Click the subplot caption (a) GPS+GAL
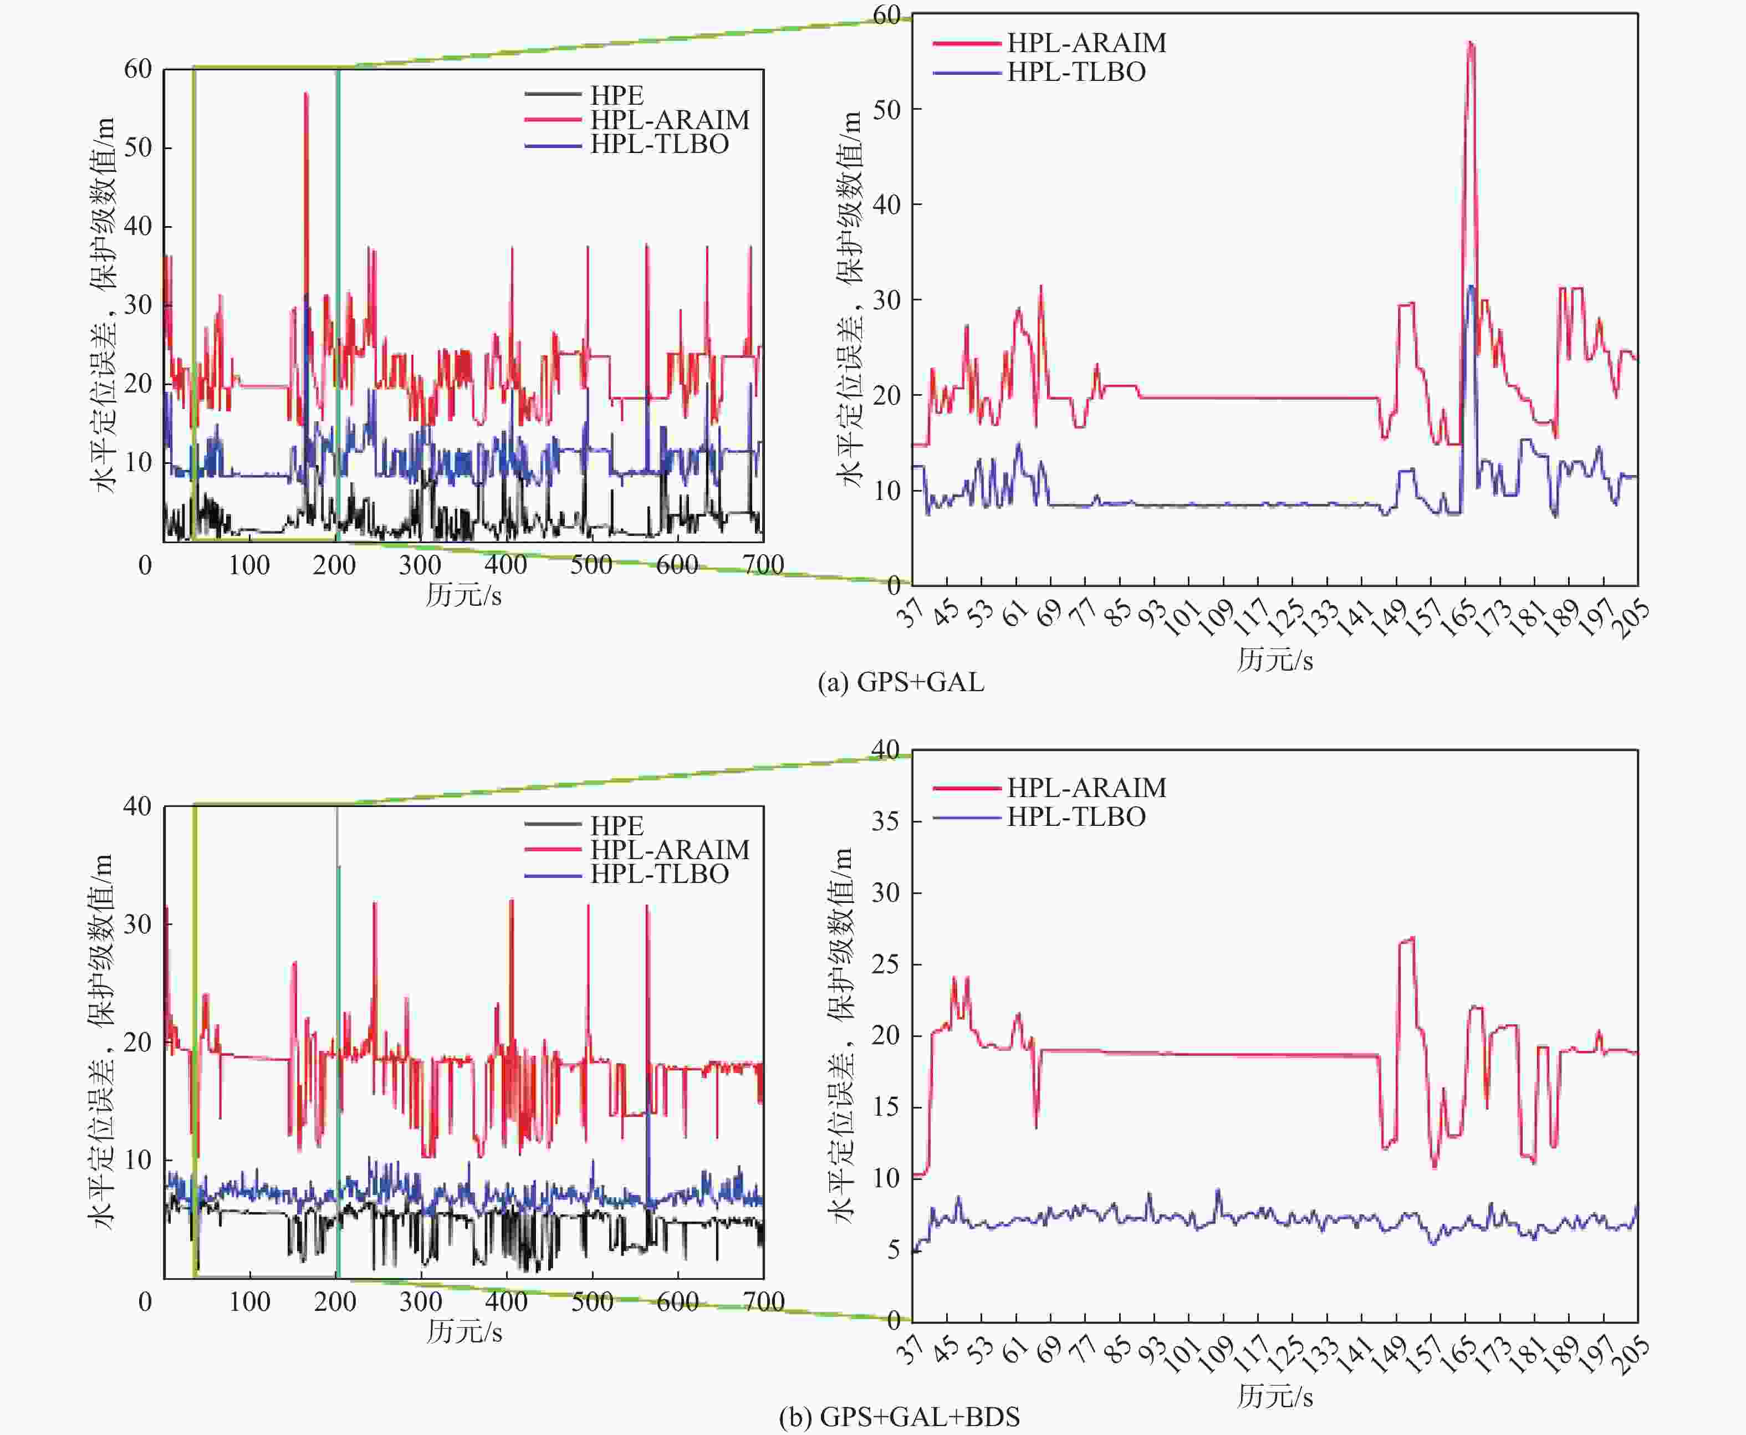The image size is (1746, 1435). click(900, 682)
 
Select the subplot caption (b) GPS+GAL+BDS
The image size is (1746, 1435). click(898, 1417)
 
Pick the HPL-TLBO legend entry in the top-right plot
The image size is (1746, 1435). click(1075, 73)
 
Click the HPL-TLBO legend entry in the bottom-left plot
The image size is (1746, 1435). click(659, 874)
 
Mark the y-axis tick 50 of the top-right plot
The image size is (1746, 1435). click(886, 110)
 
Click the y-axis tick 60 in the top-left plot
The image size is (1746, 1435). click(138, 69)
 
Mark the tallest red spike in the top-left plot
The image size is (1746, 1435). click(306, 95)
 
